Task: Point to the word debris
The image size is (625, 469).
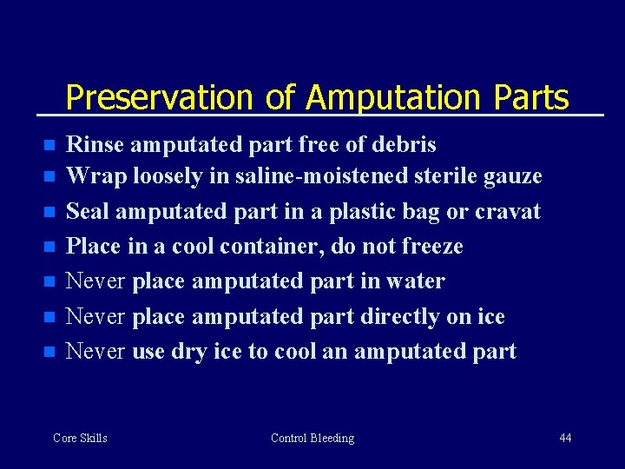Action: tap(405, 143)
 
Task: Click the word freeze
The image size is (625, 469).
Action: tap(432, 246)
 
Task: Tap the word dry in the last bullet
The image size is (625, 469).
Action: tap(187, 352)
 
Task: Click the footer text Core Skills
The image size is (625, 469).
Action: tap(80, 438)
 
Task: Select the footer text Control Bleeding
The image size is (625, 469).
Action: tap(312, 438)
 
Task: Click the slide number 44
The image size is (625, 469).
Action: tap(565, 438)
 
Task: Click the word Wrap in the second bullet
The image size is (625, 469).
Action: tap(93, 176)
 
